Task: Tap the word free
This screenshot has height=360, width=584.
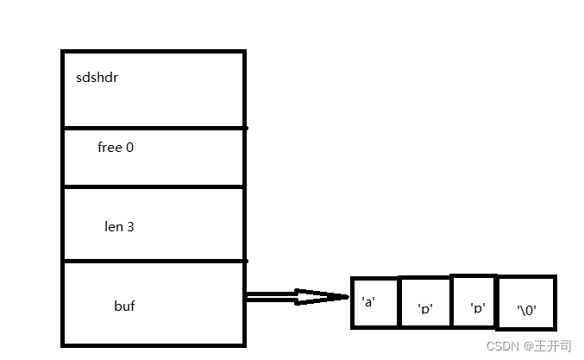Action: click(x=110, y=148)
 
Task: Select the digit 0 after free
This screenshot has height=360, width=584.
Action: click(x=129, y=148)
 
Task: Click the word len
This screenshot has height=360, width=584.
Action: click(x=114, y=227)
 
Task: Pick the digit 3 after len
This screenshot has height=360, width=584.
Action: click(x=130, y=227)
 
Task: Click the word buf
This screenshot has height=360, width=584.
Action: click(x=124, y=306)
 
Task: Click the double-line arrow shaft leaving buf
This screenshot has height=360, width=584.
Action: click(x=271, y=297)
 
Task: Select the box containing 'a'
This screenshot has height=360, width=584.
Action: click(x=375, y=303)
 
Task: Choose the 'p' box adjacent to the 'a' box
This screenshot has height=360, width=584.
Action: click(x=425, y=304)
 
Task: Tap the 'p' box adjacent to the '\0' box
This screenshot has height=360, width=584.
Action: click(x=474, y=301)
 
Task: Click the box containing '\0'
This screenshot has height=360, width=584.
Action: click(x=526, y=304)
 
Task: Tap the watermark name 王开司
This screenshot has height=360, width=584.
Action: click(x=553, y=345)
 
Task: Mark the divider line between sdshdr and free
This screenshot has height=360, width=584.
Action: click(x=154, y=129)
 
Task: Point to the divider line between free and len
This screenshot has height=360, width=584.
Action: click(x=154, y=186)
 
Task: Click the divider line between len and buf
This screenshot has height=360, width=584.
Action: click(x=154, y=261)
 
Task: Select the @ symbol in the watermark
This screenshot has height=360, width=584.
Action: click(x=524, y=345)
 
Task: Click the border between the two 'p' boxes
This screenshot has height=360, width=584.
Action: click(x=451, y=302)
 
